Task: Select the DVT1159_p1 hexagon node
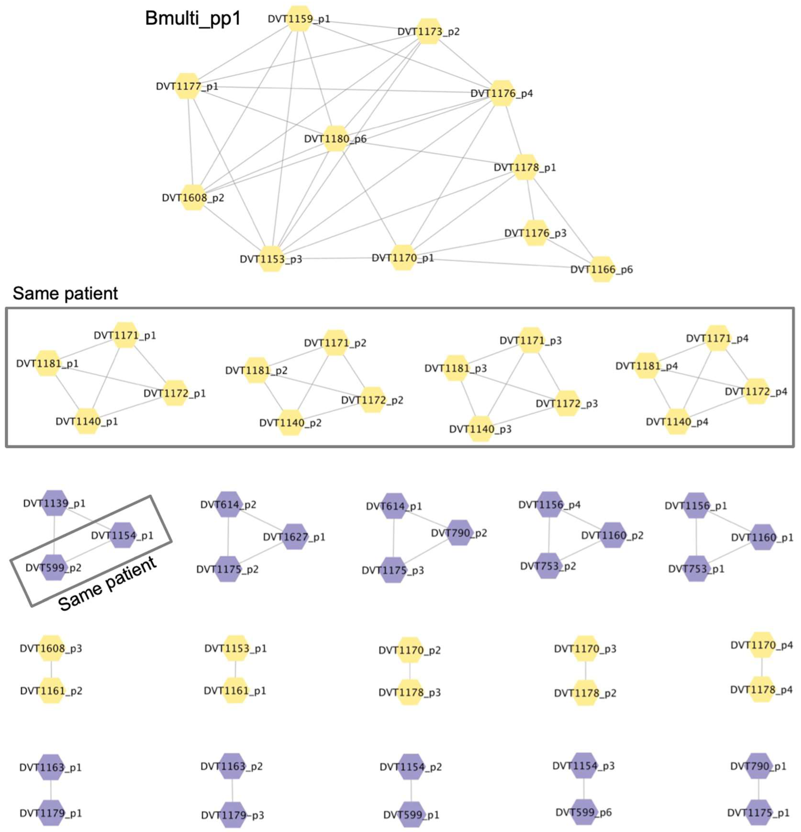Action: tap(300, 19)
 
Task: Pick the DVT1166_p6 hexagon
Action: tap(602, 269)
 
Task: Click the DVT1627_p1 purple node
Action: tap(295, 537)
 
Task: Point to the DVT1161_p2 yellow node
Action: tap(51, 691)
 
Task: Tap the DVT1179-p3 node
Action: tap(233, 815)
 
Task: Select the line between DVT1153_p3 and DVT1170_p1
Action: tap(337, 258)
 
